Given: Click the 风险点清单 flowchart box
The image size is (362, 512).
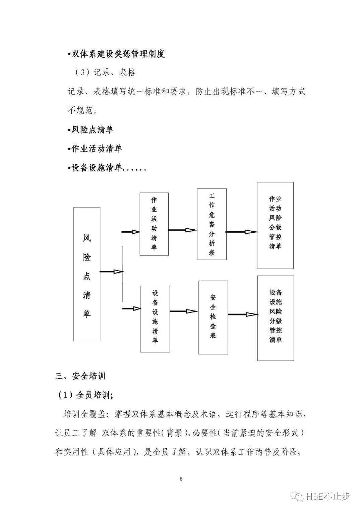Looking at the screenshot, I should (x=87, y=274).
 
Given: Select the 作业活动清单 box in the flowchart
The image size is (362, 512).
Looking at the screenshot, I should (x=154, y=224).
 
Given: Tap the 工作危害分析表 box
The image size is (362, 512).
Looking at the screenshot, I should (x=212, y=224).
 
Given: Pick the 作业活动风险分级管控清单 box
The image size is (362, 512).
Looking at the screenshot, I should (x=275, y=225).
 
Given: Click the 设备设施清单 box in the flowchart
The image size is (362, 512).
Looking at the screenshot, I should (x=155, y=319).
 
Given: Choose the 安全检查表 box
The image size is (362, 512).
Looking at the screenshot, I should (x=213, y=317).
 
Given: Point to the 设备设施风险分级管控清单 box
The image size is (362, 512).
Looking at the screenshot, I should (x=276, y=318).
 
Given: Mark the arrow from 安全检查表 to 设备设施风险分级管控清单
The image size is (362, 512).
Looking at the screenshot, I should (x=243, y=315).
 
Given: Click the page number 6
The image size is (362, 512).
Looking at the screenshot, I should (x=181, y=478).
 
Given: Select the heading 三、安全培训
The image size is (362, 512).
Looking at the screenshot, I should (x=80, y=376).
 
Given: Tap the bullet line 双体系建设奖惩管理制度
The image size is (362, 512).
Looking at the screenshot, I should (x=116, y=54).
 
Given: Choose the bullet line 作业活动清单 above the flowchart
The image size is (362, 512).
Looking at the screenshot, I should (x=95, y=149).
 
